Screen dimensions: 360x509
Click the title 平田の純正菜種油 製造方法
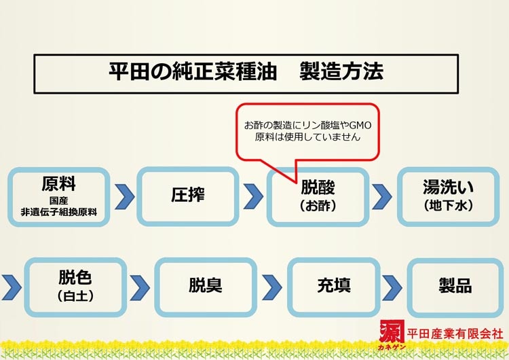click(245, 73)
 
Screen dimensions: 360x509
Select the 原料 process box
click(59, 196)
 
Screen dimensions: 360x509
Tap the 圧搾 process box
click(188, 196)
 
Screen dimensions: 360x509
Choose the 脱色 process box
click(75, 286)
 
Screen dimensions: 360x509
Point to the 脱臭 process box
click(206, 286)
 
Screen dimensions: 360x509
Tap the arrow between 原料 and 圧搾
click(124, 196)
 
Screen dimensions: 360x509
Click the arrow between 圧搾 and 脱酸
click(253, 196)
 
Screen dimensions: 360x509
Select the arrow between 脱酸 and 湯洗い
click(382, 196)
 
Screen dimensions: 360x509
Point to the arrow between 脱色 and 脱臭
click(140, 287)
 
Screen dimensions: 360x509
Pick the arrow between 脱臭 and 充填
click(271, 287)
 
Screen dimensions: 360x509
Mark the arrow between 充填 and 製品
click(392, 287)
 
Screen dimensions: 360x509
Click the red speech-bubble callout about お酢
click(307, 130)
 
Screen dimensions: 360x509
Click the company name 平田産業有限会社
click(453, 334)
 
